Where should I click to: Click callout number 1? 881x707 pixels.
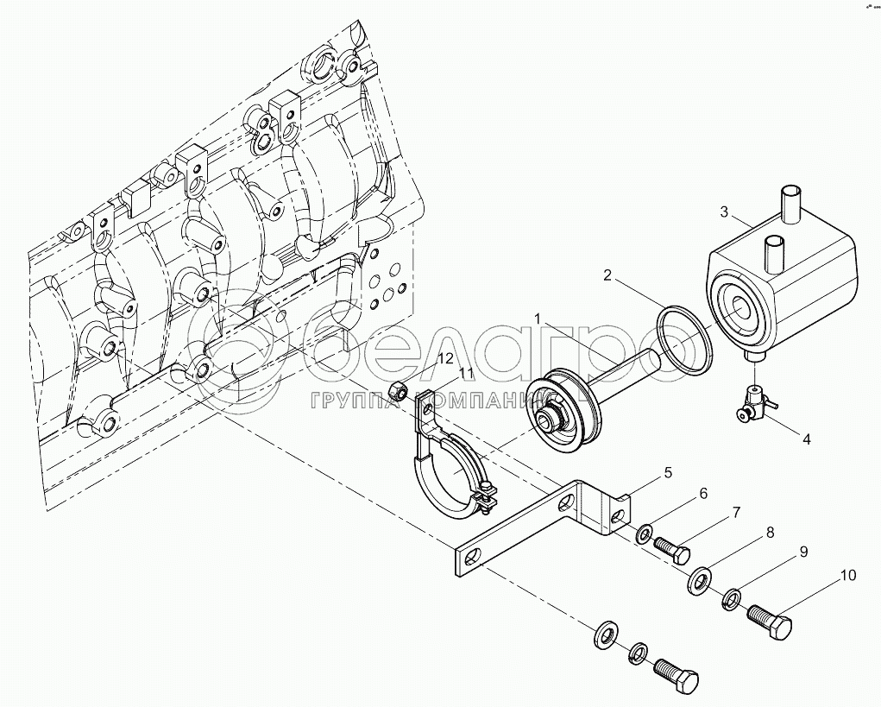[x=538, y=319]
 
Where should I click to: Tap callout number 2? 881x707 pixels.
[x=607, y=276]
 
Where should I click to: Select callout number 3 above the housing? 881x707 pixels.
[x=725, y=211]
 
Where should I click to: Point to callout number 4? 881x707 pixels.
[x=806, y=439]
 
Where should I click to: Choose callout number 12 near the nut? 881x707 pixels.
[x=445, y=357]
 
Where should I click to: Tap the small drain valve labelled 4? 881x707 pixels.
[x=752, y=407]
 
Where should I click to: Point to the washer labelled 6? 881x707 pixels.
[x=645, y=533]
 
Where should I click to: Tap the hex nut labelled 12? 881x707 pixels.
[x=400, y=390]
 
